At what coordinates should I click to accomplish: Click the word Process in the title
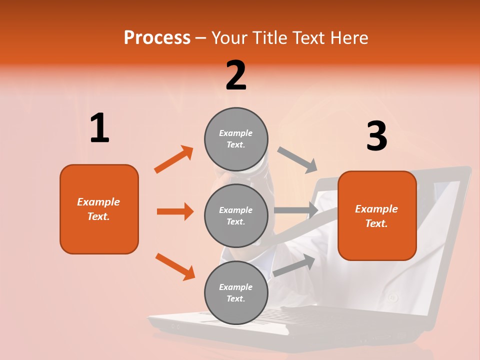157,37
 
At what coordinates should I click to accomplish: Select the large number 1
99,128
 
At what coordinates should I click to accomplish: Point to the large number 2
236,75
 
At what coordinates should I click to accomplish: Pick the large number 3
376,136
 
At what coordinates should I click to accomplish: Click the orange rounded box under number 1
99,209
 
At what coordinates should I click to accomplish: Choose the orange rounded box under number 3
377,215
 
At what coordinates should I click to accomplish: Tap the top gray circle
236,139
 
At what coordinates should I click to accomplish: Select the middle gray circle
236,215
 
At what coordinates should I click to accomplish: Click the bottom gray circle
236,292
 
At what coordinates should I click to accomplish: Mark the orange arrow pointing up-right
174,159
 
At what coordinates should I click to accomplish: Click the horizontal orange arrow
175,211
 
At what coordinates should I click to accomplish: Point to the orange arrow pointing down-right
175,266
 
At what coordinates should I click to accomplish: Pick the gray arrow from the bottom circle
294,265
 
